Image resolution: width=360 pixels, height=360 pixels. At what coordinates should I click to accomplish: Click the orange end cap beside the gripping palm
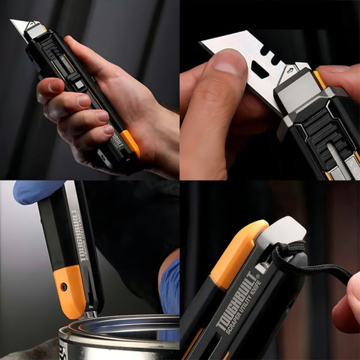coord(130,143)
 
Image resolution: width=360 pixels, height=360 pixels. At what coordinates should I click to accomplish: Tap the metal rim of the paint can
coord(120,327)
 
